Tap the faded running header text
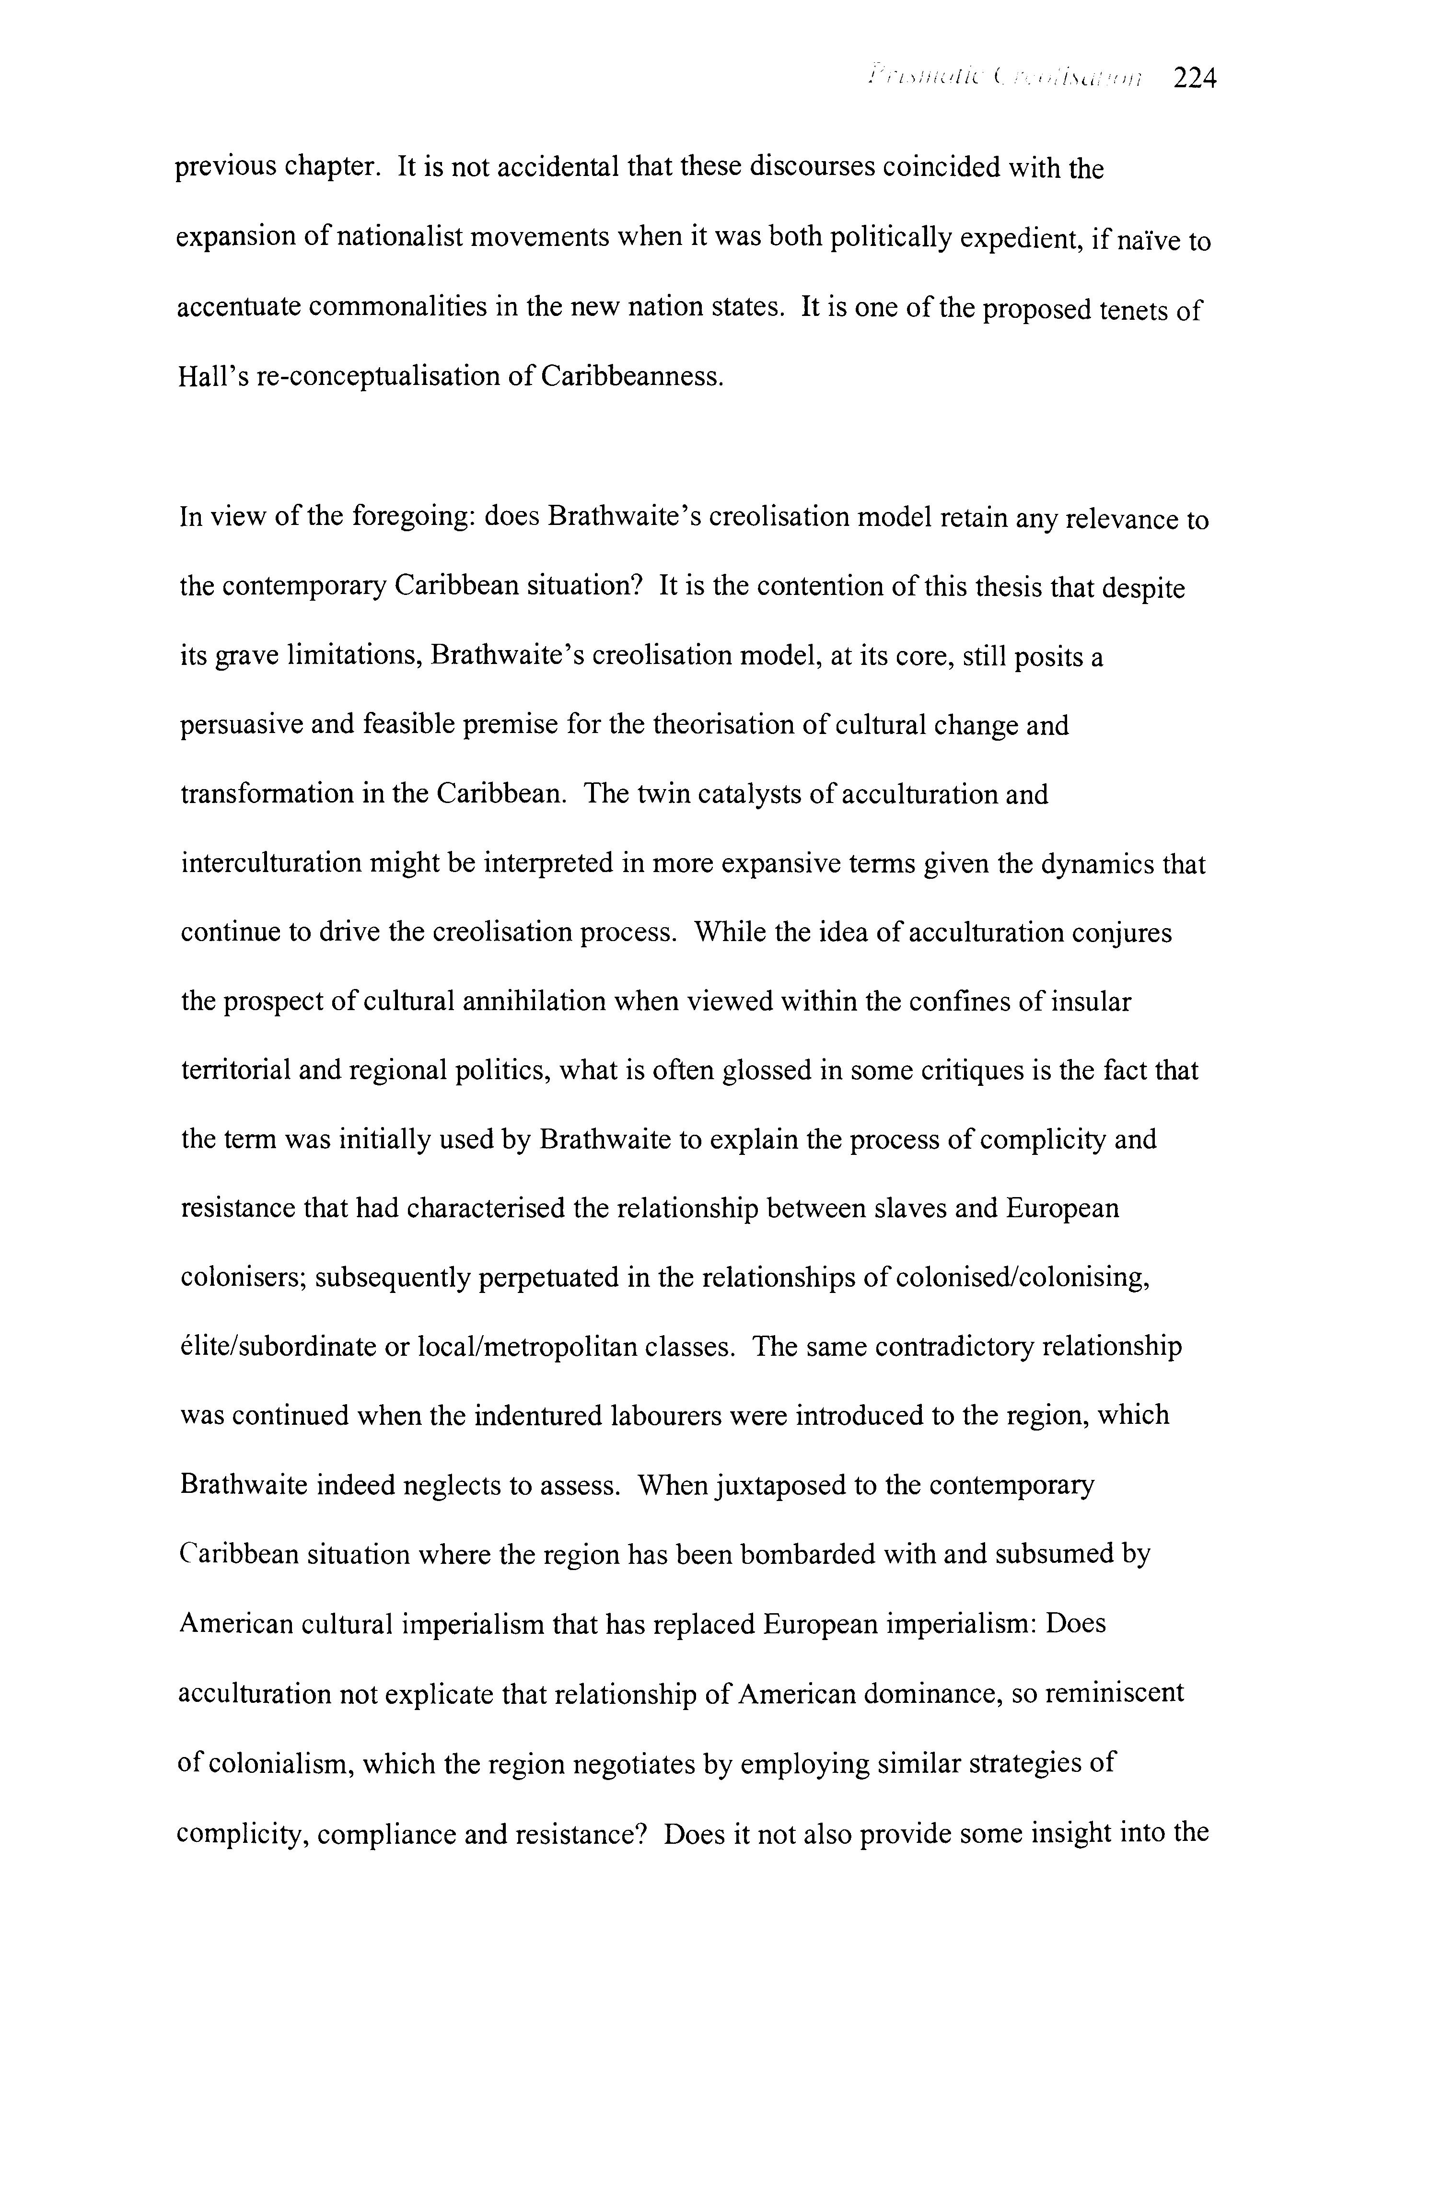pyautogui.click(x=1005, y=81)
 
